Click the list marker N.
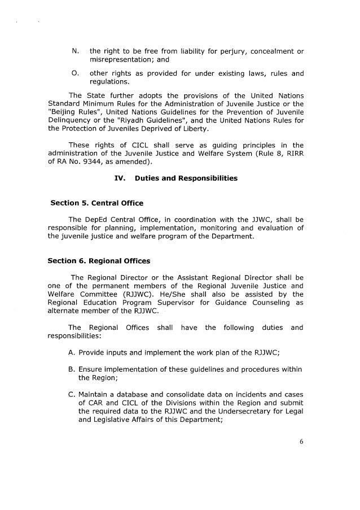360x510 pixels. click(x=74, y=51)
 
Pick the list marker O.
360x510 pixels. click(x=74, y=73)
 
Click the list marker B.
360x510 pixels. click(x=70, y=369)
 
